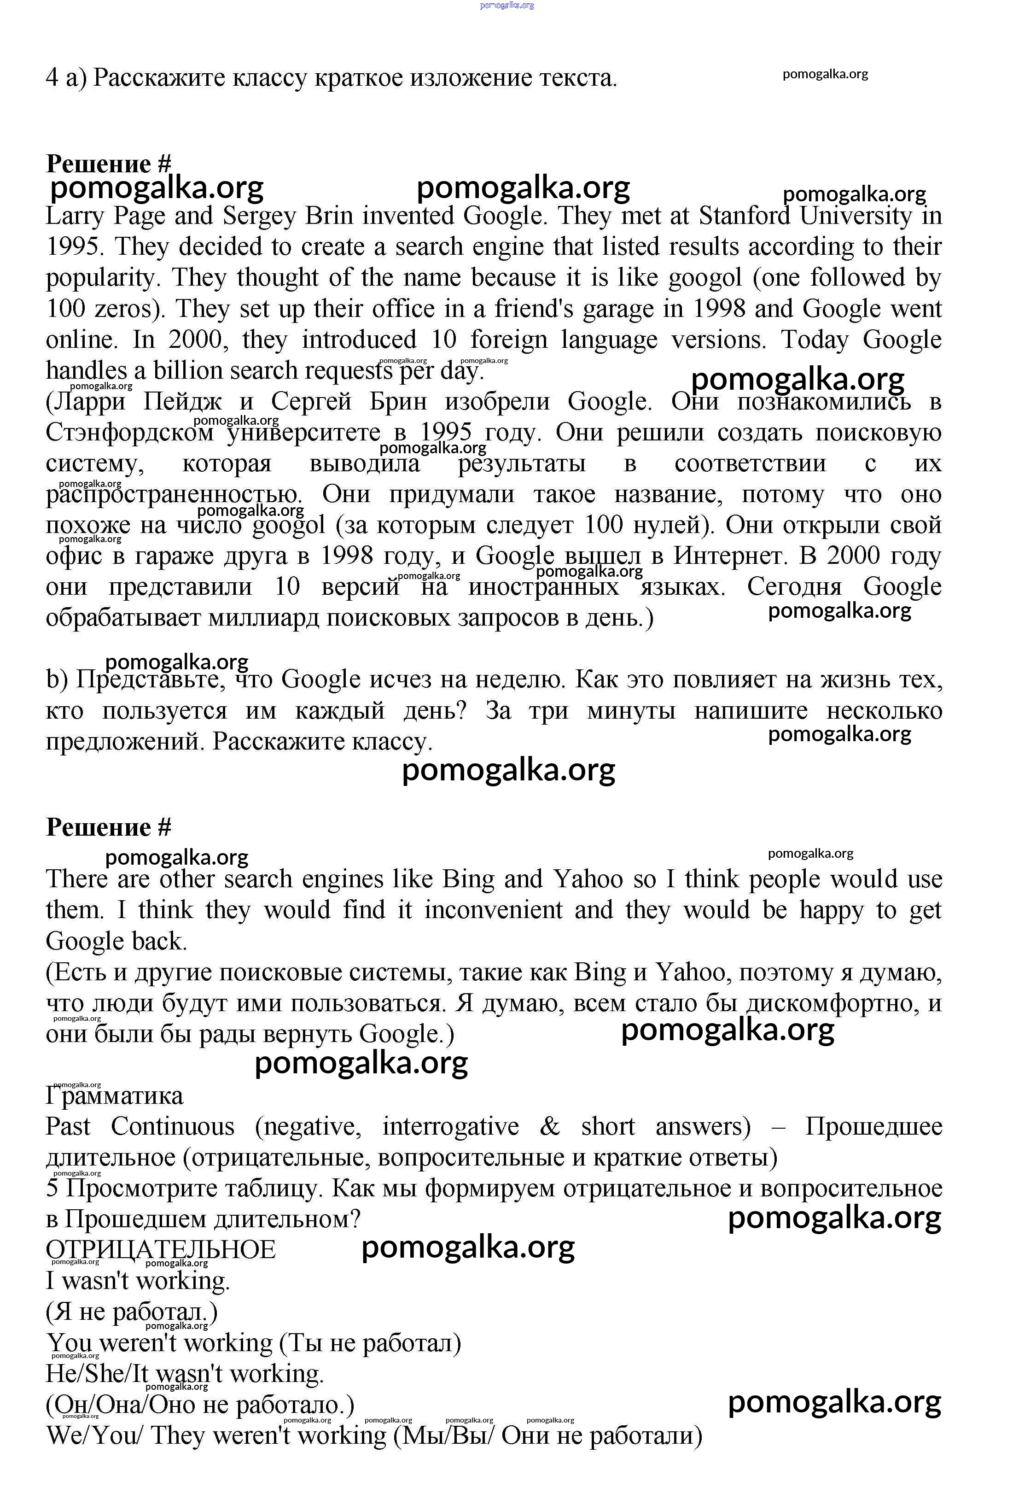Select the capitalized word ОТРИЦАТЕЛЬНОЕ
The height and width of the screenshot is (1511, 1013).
(161, 1249)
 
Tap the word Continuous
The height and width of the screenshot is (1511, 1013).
(172, 1126)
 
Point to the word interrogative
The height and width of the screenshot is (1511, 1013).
(450, 1126)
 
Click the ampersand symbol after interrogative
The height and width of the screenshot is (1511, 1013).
(549, 1126)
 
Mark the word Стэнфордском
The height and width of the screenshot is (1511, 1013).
(129, 433)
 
